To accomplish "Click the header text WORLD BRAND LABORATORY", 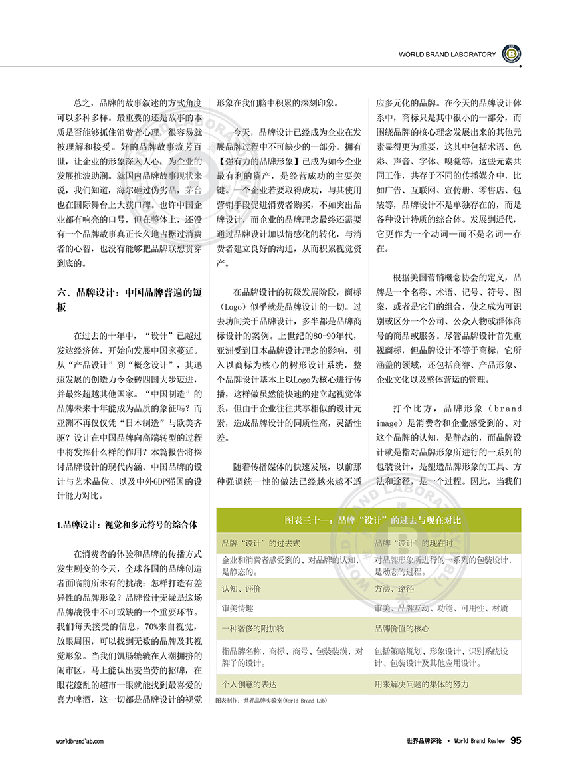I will tap(447, 55).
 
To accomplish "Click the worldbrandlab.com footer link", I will tap(80, 740).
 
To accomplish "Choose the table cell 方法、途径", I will tap(394, 588).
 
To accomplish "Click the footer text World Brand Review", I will tap(479, 740).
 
